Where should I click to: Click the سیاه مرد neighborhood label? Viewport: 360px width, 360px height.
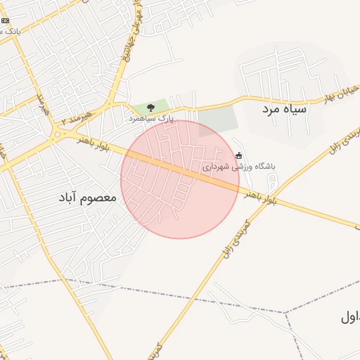285,110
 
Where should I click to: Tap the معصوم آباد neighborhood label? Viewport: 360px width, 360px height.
89,199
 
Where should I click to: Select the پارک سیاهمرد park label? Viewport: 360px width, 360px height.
150,119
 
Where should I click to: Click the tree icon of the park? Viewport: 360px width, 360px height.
150,108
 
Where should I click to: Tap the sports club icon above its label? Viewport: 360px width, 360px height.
239,155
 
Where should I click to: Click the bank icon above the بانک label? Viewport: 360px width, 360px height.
6,21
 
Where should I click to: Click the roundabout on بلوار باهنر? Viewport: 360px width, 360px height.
56,134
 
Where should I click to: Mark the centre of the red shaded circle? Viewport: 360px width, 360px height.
180,179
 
